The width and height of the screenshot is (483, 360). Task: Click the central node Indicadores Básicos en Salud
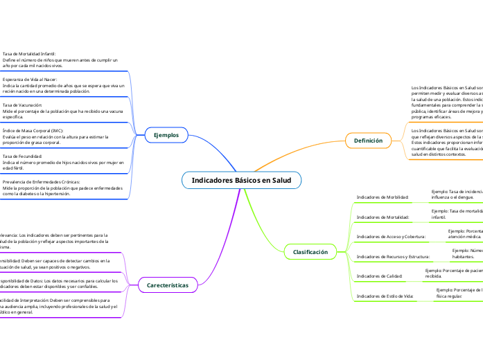(241, 180)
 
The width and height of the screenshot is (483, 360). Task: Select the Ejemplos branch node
(166, 135)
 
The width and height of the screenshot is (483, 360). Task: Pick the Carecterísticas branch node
(168, 285)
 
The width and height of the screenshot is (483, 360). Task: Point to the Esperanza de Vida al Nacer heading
(32, 80)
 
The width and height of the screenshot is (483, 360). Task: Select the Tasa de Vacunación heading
(22, 105)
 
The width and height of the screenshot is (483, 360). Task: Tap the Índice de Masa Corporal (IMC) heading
(33, 130)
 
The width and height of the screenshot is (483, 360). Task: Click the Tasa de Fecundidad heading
(23, 156)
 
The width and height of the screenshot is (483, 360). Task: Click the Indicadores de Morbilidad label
(382, 197)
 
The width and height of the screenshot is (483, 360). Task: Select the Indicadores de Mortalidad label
(382, 217)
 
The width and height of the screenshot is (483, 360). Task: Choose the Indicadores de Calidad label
(379, 276)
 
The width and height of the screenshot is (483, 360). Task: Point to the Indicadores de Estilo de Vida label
(385, 296)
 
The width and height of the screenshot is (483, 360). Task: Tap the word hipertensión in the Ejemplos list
(78, 194)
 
